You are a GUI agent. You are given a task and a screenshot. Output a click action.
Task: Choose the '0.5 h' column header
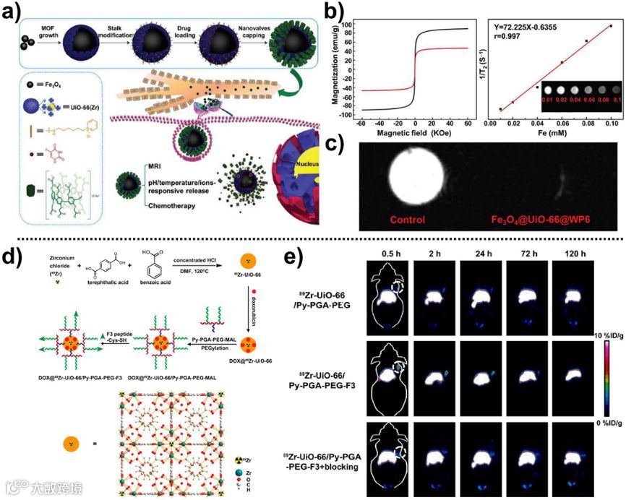pos(395,254)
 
